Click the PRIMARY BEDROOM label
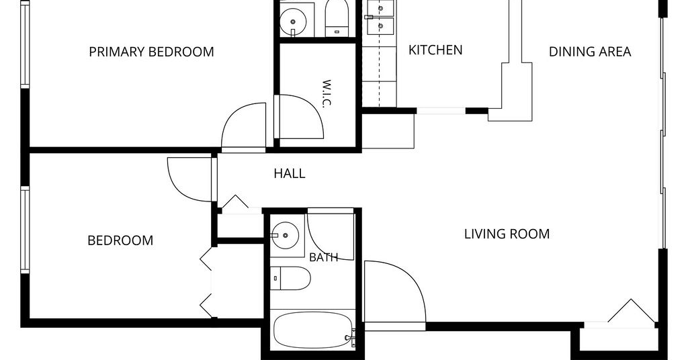click(x=151, y=52)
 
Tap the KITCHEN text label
click(x=435, y=50)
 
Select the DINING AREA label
click(x=590, y=52)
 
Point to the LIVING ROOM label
click(x=507, y=234)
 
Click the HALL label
click(x=289, y=174)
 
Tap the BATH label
click(x=323, y=257)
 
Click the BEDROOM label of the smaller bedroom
click(x=120, y=240)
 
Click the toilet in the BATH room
click(x=290, y=278)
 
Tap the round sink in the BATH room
click(x=285, y=236)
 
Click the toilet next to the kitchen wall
click(x=337, y=18)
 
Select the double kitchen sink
click(x=380, y=17)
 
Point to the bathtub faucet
click(x=351, y=338)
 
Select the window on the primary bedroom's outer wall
click(x=25, y=44)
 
